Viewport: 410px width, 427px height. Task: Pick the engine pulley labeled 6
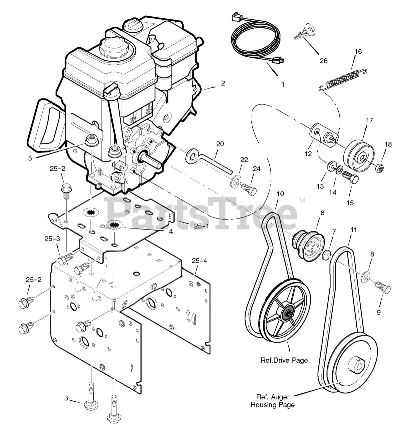[x=308, y=246]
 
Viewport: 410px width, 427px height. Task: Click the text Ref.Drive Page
[x=284, y=360]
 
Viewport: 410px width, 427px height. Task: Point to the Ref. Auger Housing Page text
[x=273, y=401]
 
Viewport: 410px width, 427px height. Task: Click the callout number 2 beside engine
[x=223, y=83]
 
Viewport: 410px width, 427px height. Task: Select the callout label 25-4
[x=199, y=261]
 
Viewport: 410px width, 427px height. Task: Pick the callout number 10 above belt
[x=280, y=194]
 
